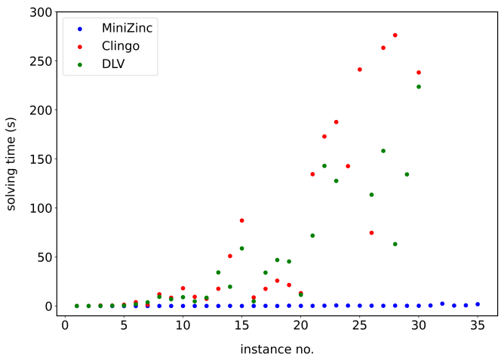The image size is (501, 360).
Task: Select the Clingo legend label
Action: (x=121, y=46)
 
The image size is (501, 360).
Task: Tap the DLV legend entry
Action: (x=114, y=63)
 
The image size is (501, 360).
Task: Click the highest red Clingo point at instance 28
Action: (x=395, y=35)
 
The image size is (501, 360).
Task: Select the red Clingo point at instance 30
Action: (x=419, y=72)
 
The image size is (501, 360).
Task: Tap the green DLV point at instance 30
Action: (x=419, y=87)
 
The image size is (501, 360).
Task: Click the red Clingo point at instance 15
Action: (x=241, y=220)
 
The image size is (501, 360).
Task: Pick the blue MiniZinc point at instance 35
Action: (x=478, y=304)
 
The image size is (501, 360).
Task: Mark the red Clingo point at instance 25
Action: (x=360, y=69)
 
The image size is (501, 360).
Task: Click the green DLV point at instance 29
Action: (x=407, y=174)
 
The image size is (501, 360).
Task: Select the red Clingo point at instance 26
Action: (x=371, y=232)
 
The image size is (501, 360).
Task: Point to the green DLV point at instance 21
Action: (x=312, y=235)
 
